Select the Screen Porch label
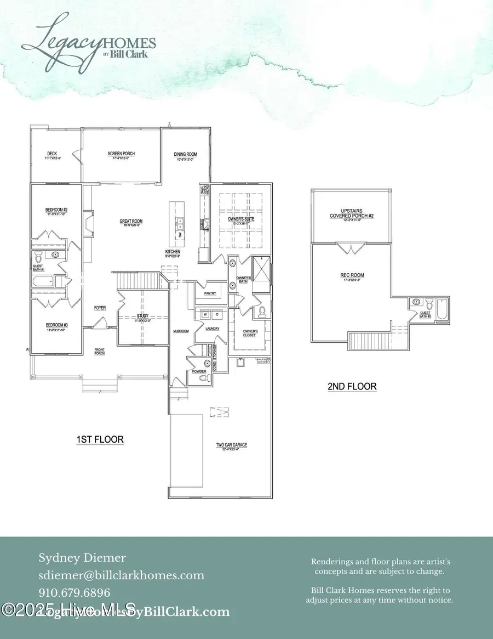pos(121,154)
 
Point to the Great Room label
pos(127,222)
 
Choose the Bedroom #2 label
pos(56,210)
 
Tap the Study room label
pos(142,316)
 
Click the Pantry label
pos(210,293)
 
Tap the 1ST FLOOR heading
pos(100,439)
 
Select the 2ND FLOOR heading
pos(352,387)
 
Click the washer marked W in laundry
pos(205,315)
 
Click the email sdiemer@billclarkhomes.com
pos(121,575)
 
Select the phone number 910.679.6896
pos(74,592)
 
